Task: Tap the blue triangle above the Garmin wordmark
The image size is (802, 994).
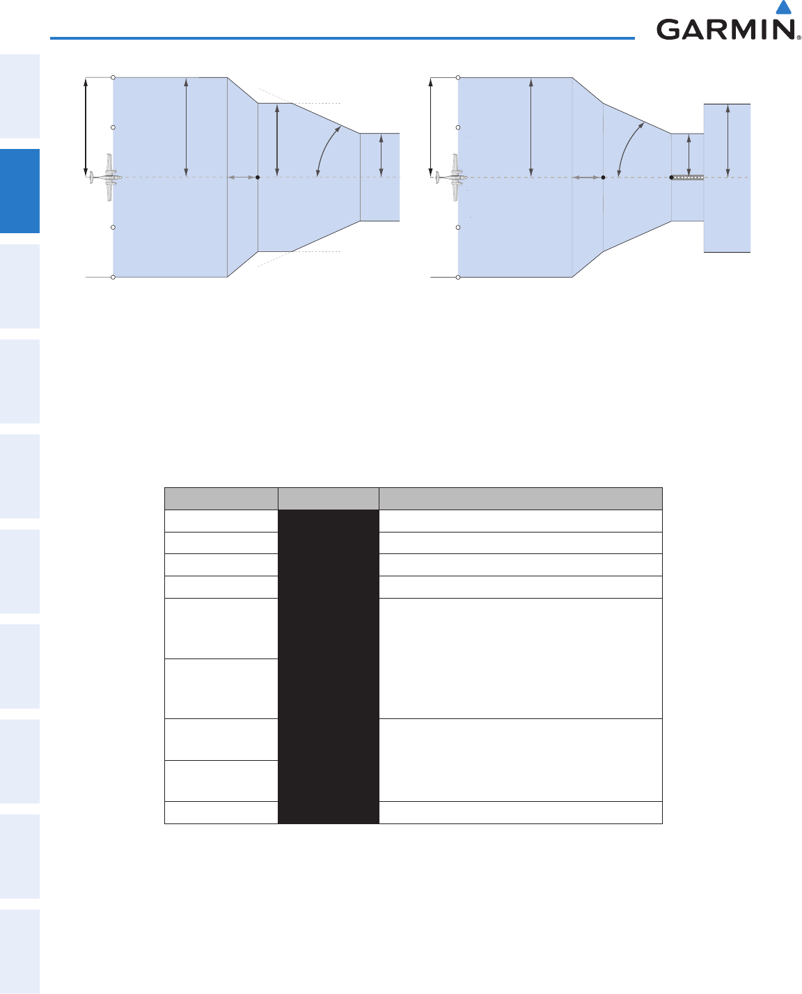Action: pyautogui.click(x=784, y=7)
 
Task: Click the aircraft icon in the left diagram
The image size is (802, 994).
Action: pyautogui.click(x=106, y=177)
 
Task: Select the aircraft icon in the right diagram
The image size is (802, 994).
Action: pyautogui.click(x=451, y=177)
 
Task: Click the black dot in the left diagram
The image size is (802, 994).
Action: pyautogui.click(x=258, y=177)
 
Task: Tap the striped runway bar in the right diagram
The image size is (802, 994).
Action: pyautogui.click(x=688, y=177)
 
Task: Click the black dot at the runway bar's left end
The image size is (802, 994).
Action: pyautogui.click(x=671, y=177)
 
